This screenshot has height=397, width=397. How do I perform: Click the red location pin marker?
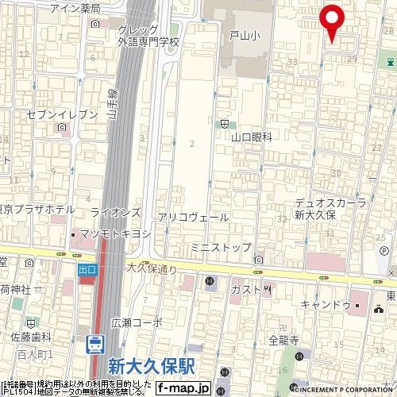click(x=331, y=21)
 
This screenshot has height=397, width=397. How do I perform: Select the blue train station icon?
click(x=94, y=345)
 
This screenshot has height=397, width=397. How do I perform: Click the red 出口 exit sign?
click(x=87, y=270)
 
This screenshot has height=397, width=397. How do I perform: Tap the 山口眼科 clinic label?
click(x=251, y=137)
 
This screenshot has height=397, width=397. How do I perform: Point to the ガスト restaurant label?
click(x=246, y=290)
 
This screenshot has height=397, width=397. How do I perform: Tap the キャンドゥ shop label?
click(x=326, y=305)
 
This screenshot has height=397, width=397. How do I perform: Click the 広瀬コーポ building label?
click(x=137, y=322)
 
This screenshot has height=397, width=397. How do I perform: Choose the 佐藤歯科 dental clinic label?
click(x=30, y=337)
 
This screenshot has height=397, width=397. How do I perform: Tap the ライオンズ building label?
click(x=115, y=213)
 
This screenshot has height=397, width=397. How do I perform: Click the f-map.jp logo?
click(x=182, y=388)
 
